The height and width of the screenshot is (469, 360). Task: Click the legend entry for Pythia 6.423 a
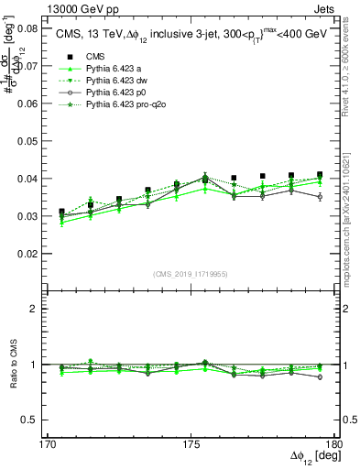tap(101, 69)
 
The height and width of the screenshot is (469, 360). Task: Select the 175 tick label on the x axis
tap(191, 444)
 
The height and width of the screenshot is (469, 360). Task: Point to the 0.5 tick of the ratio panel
tap(29, 420)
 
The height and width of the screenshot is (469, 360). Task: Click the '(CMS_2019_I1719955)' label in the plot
tap(191, 273)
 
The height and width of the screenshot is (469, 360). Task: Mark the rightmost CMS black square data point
tap(320, 174)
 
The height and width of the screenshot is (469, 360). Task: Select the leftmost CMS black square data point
tap(61, 212)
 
